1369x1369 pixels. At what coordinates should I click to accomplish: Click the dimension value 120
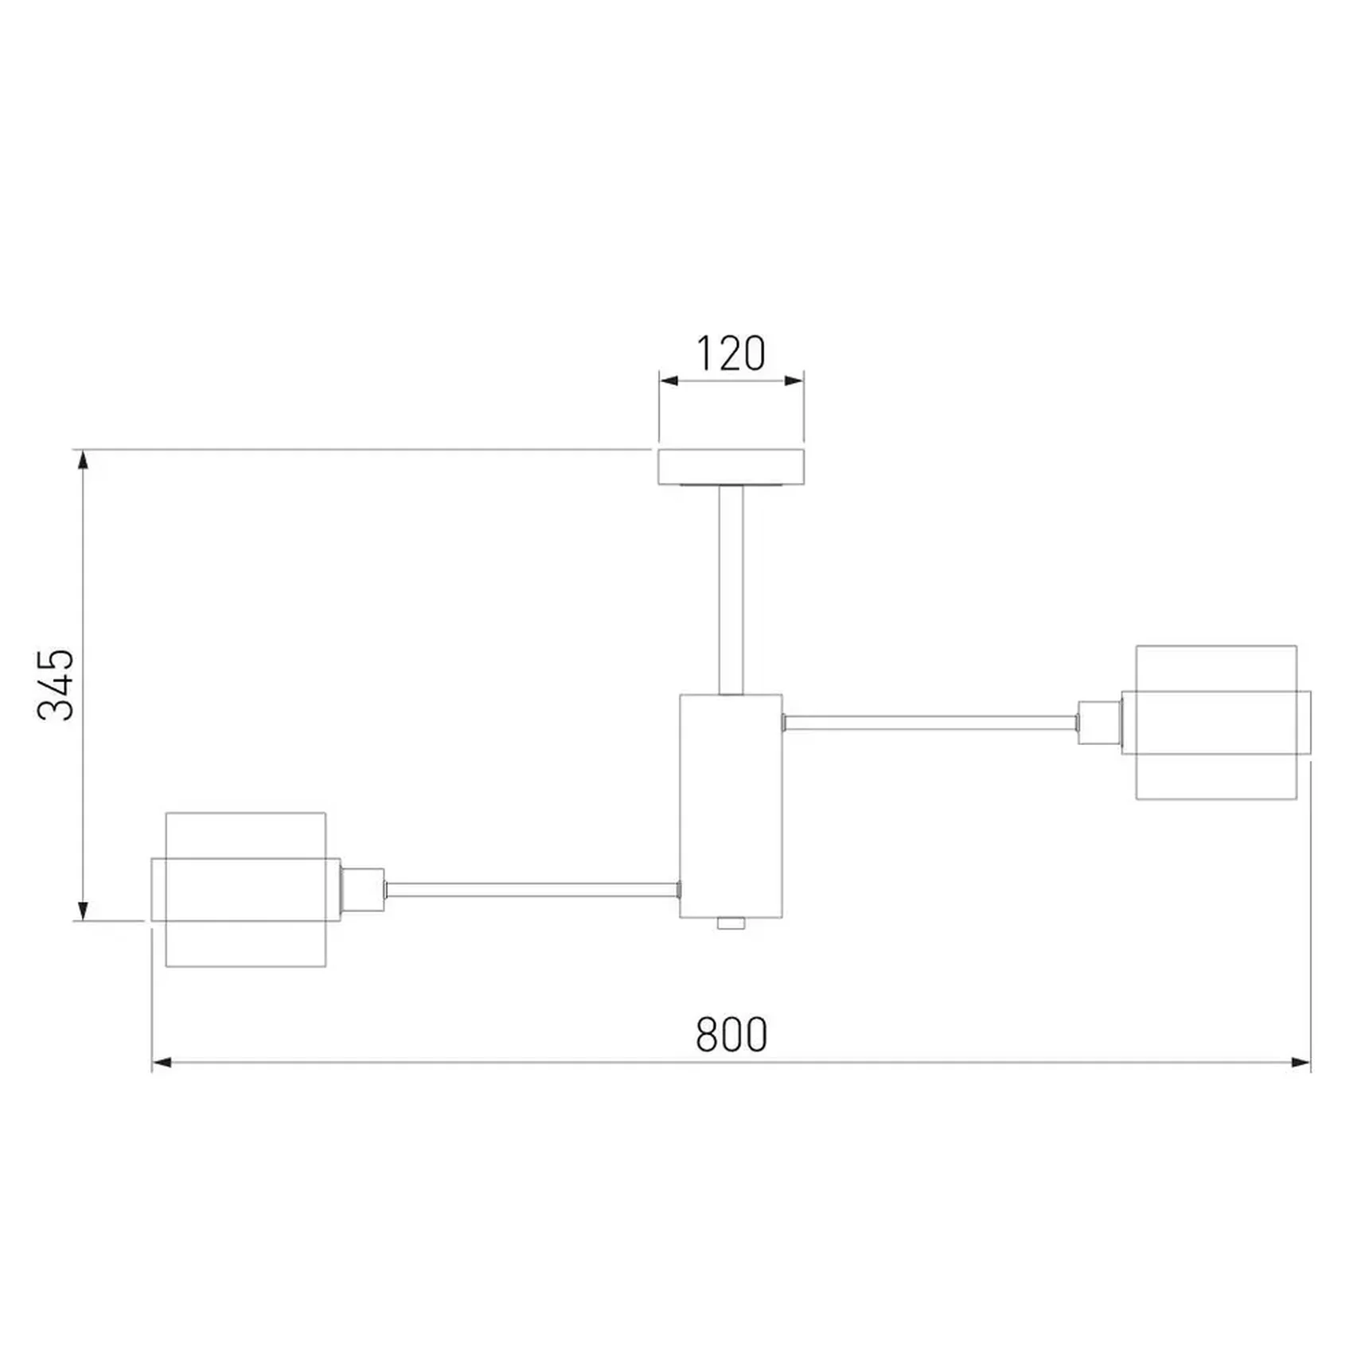tap(731, 353)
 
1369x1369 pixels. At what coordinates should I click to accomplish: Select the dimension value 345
tap(57, 684)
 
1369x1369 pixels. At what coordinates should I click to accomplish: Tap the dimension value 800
tap(731, 1035)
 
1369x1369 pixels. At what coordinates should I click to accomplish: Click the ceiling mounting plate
tap(731, 467)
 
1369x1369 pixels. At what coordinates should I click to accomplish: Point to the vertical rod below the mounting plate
tap(731, 590)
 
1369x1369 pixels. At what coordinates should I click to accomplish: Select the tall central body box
tap(731, 806)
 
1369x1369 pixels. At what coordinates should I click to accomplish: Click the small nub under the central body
tap(731, 923)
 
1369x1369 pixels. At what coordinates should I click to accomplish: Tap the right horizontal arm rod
tap(930, 723)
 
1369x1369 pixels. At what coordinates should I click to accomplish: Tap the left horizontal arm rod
tap(532, 890)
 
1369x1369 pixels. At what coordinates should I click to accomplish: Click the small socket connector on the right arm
tap(1100, 723)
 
